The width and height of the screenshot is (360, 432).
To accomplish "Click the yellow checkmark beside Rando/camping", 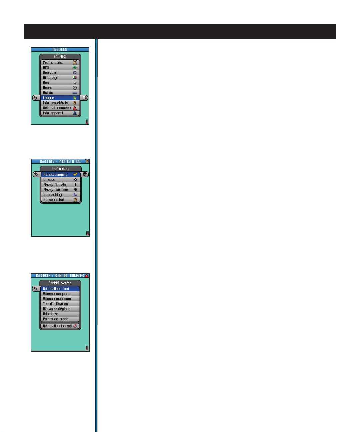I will click(x=76, y=174).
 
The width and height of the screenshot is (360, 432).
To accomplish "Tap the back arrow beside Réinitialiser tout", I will click(x=36, y=289).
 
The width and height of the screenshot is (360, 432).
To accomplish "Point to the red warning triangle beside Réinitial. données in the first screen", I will click(x=75, y=108).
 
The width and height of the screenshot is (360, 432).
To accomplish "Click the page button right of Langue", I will click(x=85, y=98).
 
